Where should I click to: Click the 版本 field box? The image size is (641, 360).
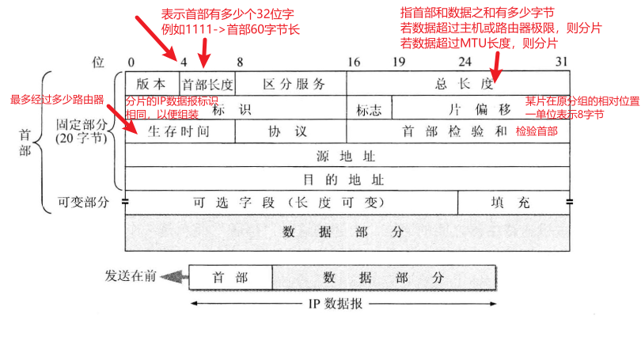pos(152,83)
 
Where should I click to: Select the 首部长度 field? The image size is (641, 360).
pos(207,83)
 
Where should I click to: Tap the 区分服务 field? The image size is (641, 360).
pos(290,83)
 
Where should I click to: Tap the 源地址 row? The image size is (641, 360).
pos(347,155)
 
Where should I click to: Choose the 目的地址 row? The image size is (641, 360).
pos(347,179)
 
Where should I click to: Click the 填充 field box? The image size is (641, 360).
pos(514,202)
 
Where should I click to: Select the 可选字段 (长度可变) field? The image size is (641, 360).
pos(291,202)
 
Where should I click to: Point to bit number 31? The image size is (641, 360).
pos(562,62)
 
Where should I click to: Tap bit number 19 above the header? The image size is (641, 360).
pos(400,62)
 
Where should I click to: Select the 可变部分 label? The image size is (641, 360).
pos(82,202)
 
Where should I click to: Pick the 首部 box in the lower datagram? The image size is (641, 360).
pos(230,278)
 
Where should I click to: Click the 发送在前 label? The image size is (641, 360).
pos(131,276)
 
